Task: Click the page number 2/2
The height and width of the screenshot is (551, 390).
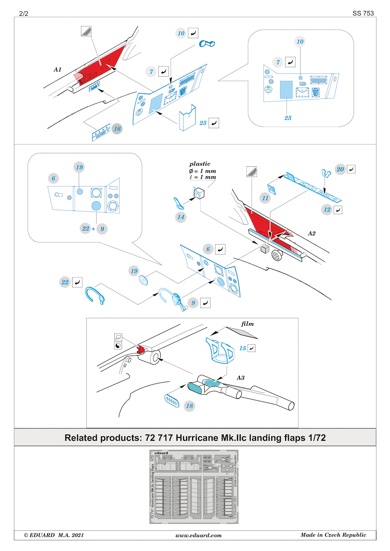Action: (x=24, y=14)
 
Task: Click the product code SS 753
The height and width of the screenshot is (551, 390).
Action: (x=363, y=13)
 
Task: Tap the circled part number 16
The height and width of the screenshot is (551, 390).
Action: (x=117, y=129)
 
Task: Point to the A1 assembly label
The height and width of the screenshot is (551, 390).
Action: (x=57, y=69)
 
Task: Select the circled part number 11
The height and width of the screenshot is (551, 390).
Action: (x=265, y=198)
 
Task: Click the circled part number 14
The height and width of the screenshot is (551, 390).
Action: (x=181, y=217)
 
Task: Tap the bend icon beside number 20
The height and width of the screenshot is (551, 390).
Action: (x=351, y=169)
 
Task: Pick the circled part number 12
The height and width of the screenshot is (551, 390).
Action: (x=327, y=209)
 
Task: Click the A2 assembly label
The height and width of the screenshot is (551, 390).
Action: (x=312, y=233)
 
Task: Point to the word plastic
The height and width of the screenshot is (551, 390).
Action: (x=200, y=164)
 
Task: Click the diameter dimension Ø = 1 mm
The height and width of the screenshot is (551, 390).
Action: (x=202, y=171)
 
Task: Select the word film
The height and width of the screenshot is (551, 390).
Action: (x=248, y=324)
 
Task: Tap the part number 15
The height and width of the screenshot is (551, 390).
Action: (x=242, y=348)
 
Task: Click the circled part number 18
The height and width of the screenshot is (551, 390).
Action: (x=189, y=406)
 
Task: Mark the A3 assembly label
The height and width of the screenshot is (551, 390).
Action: (x=240, y=378)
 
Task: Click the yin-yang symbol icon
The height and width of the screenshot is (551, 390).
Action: (x=118, y=346)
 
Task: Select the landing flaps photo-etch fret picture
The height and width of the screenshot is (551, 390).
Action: (x=194, y=487)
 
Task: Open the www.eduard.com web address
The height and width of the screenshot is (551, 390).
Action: (x=198, y=535)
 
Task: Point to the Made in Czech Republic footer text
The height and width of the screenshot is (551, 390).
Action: (x=333, y=535)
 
